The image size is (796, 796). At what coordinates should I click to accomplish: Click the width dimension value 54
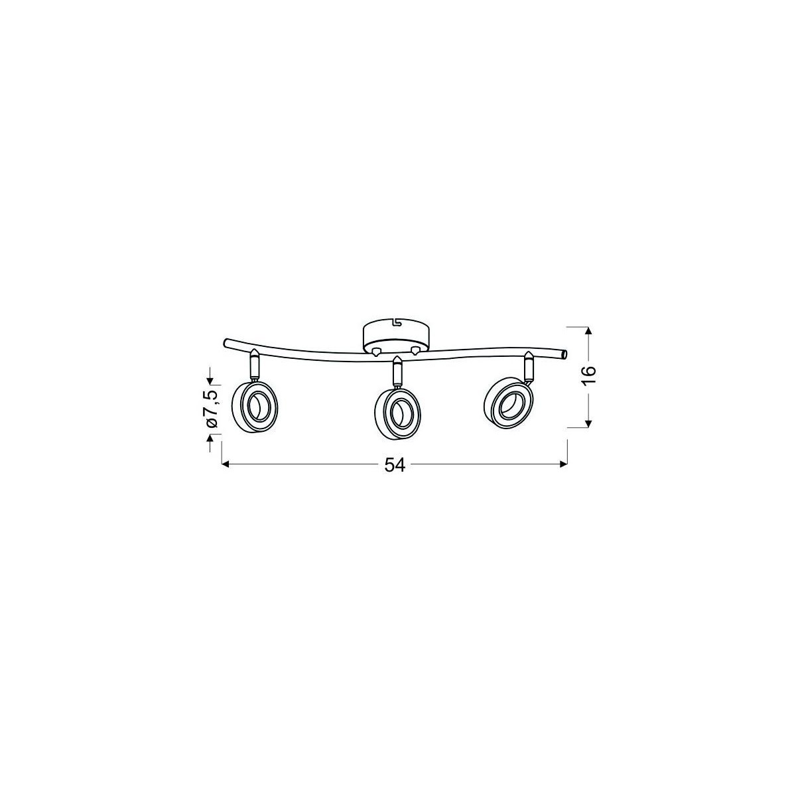pos(394,465)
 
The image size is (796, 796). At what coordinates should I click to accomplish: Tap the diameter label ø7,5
pos(211,409)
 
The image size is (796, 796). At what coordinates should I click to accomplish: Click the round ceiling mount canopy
pos(395,336)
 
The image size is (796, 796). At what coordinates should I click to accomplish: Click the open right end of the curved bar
pos(565,355)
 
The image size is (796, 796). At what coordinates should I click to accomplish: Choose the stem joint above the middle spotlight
pos(397,371)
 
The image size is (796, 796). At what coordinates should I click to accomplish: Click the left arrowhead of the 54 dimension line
pos(226,465)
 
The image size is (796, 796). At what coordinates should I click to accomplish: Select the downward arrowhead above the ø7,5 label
pos(211,380)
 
